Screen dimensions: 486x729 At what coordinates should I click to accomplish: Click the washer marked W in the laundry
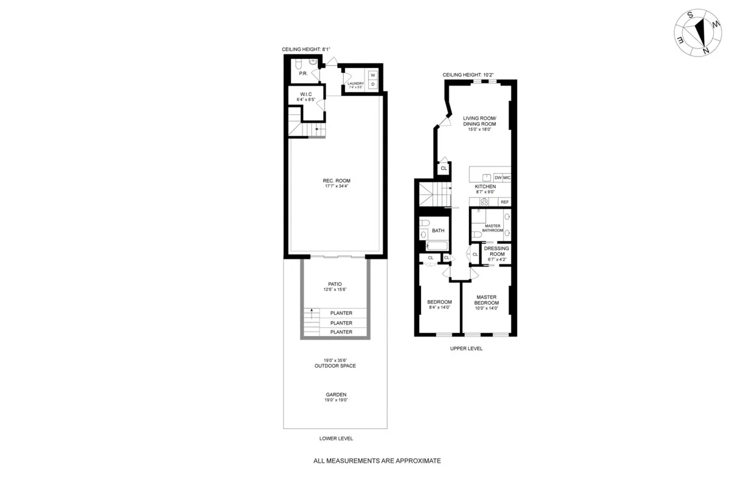tap(372, 75)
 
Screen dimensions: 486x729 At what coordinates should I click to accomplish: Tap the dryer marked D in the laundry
tap(372, 84)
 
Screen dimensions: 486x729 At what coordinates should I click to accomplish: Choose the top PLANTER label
tap(341, 313)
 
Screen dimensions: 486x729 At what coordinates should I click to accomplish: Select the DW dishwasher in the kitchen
tap(498, 177)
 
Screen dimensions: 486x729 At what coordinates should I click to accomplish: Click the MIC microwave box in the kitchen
tap(507, 177)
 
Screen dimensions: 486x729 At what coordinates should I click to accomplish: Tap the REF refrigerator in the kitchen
tap(504, 202)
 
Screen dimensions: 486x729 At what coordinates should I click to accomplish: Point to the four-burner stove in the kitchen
tap(485, 202)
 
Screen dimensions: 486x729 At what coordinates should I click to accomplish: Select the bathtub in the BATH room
tap(437, 245)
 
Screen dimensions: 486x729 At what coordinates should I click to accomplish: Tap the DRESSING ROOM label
tap(496, 252)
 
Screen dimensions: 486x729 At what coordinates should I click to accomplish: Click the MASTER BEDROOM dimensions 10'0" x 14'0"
tap(487, 308)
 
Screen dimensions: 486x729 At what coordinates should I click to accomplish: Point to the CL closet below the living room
tap(443, 168)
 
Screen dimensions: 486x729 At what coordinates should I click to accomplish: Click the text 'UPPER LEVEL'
tap(466, 349)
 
